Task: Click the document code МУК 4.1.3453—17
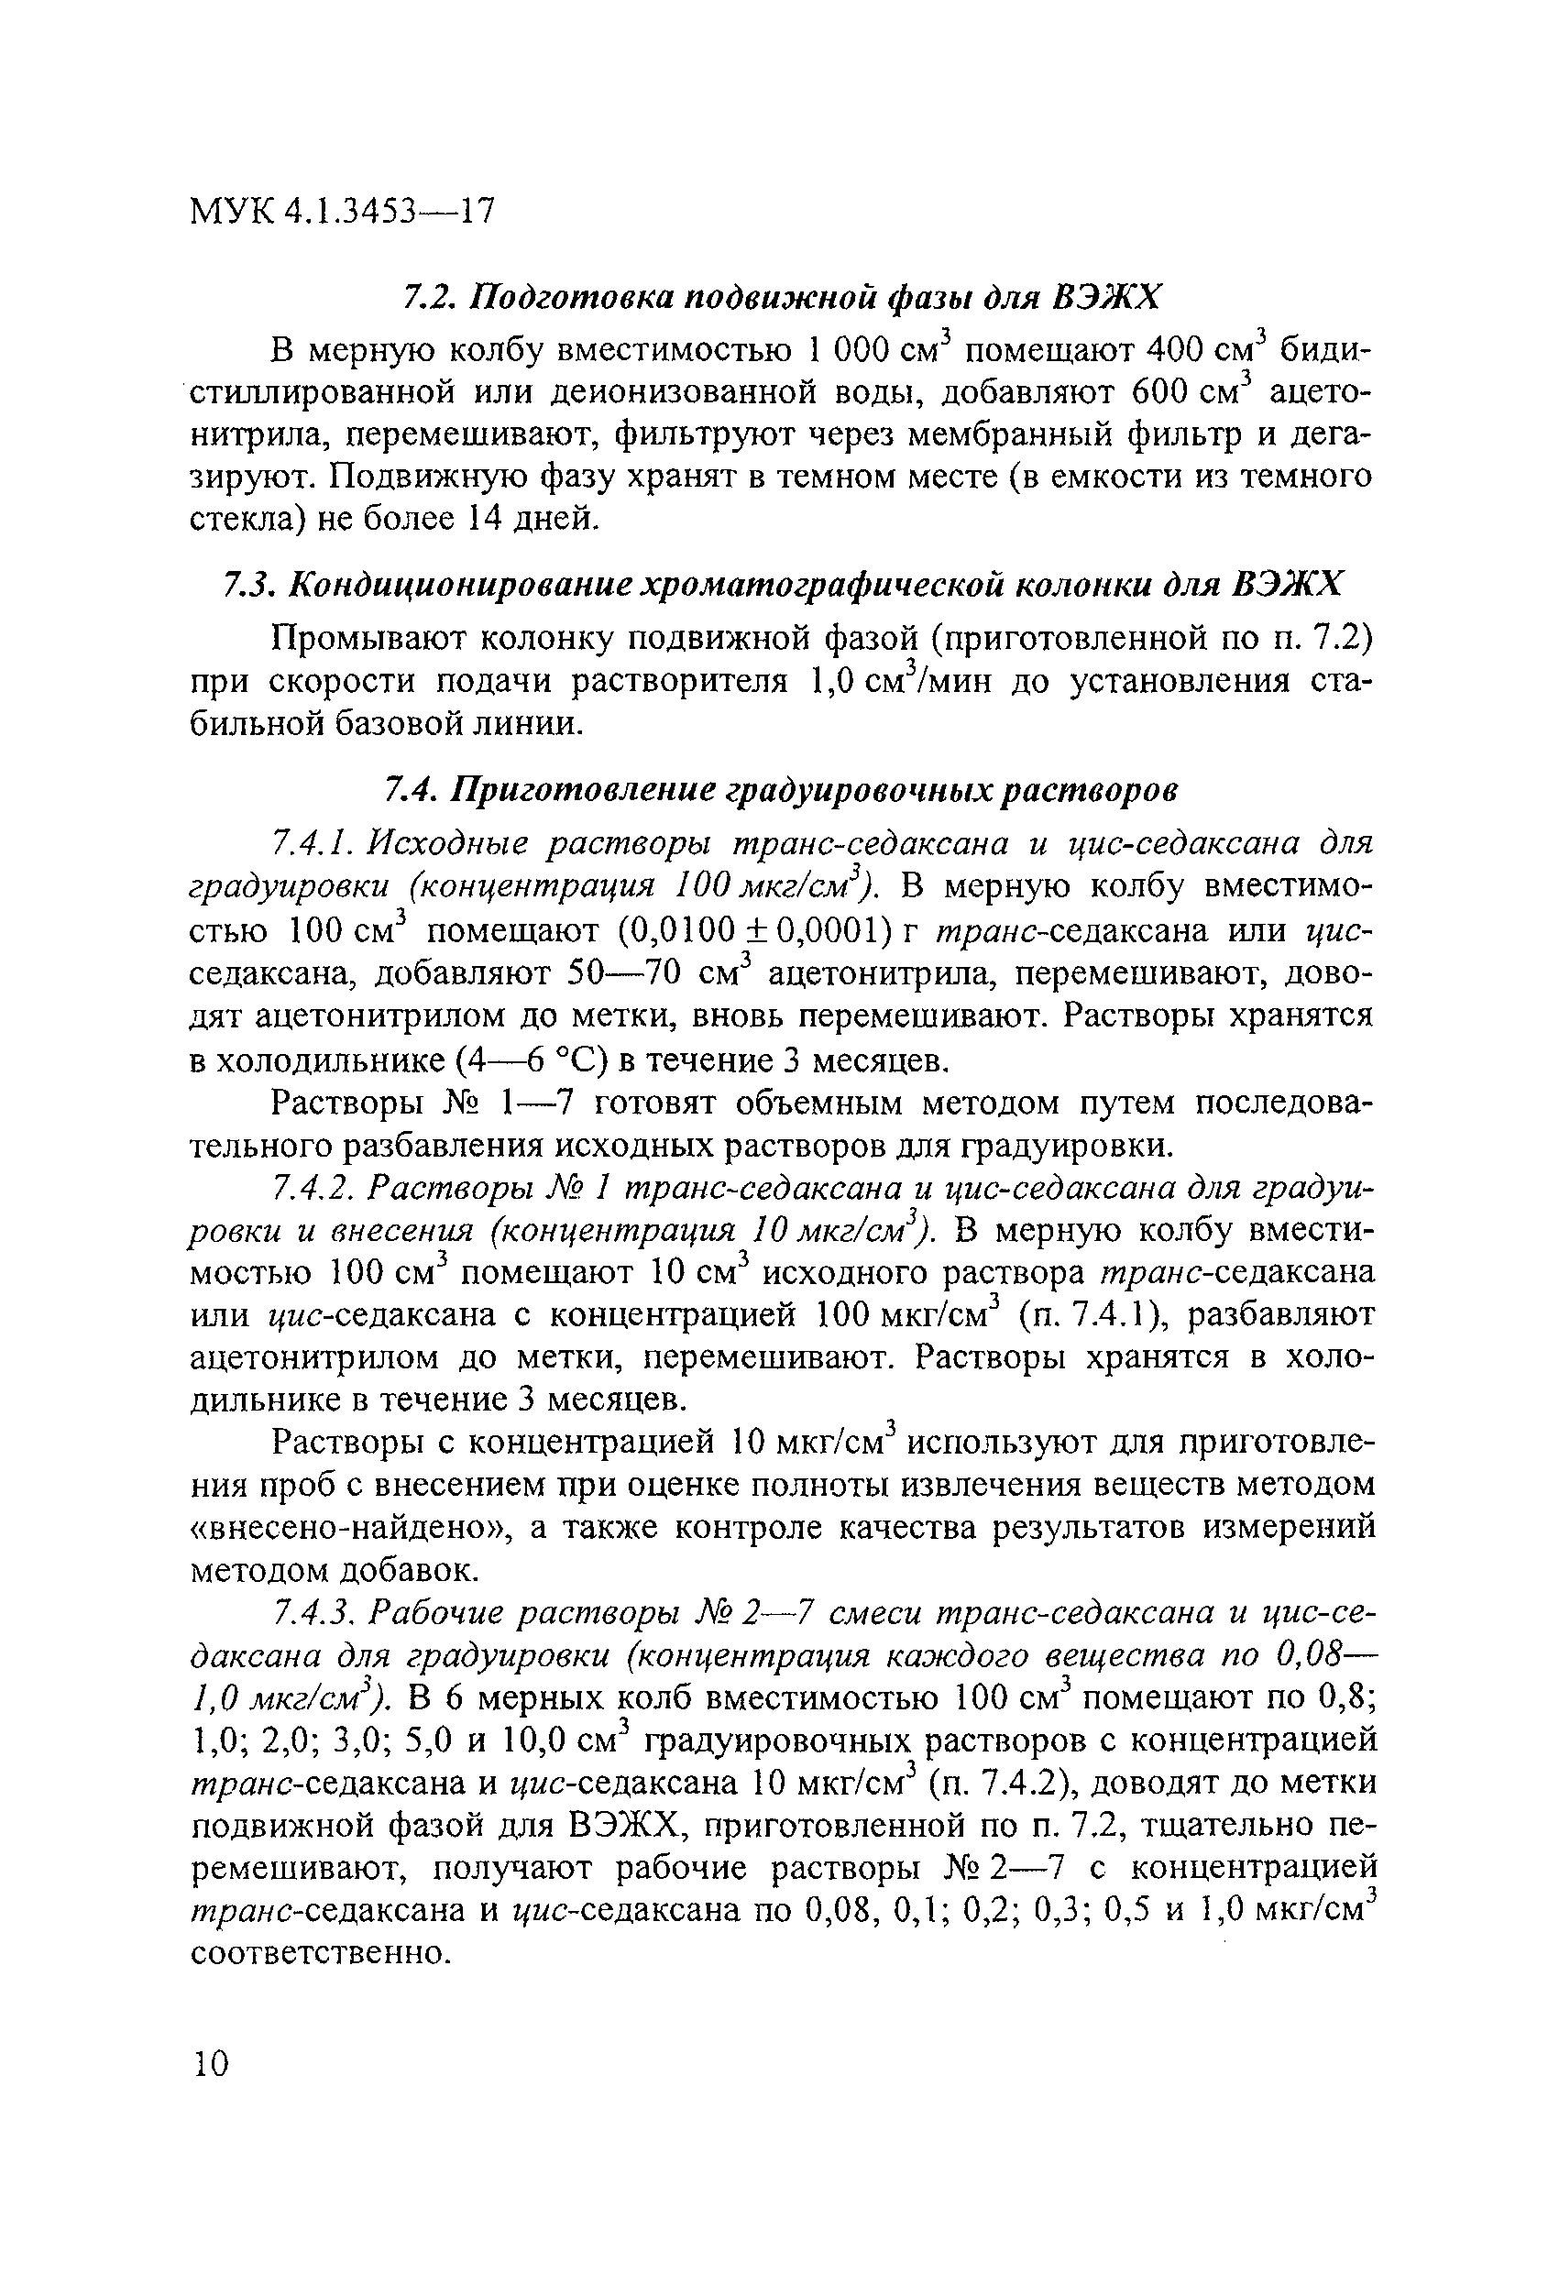coord(342,211)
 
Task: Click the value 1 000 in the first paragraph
coord(850,350)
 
